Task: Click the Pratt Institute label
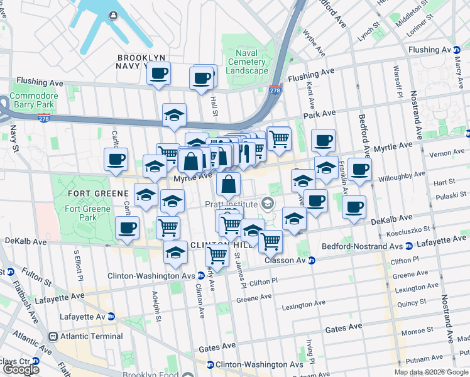231,204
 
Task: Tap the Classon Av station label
285,260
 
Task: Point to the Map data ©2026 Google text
430,372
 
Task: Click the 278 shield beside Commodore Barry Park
43,117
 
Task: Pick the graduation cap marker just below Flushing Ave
174,114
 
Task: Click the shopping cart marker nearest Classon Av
270,241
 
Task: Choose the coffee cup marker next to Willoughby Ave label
360,169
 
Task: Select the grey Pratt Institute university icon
268,202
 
